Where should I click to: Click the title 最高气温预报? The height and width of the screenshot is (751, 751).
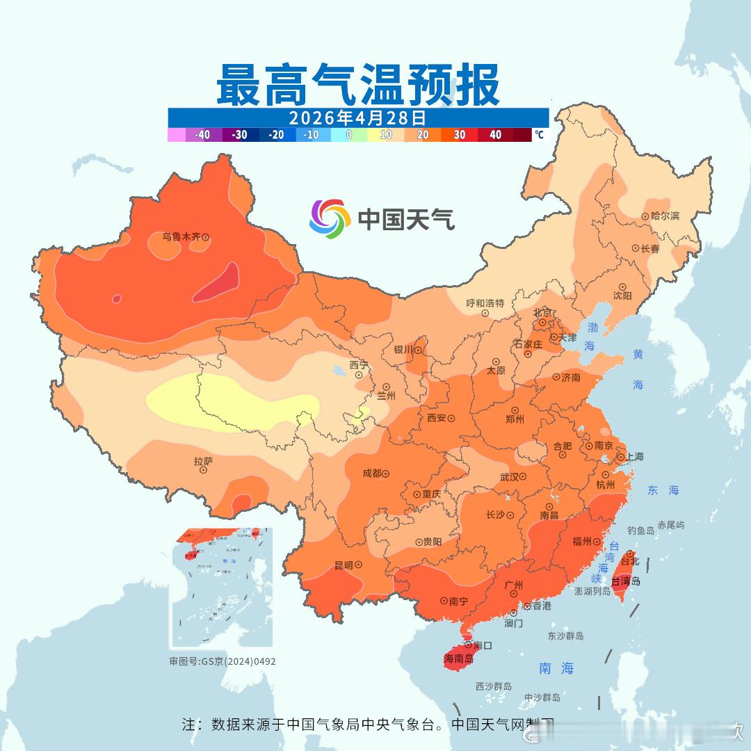point(357,85)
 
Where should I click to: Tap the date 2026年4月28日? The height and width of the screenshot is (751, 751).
point(357,116)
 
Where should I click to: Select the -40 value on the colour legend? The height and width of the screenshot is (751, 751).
point(203,135)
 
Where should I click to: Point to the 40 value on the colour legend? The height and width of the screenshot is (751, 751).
point(495,135)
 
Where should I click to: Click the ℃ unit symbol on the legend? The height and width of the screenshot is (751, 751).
point(539,135)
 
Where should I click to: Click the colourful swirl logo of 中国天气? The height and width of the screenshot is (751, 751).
point(330,219)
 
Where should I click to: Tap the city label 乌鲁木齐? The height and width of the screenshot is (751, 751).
point(181,237)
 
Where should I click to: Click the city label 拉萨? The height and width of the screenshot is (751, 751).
point(203,461)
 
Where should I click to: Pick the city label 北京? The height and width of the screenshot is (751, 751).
point(542,312)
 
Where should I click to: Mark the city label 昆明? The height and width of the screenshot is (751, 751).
point(344,565)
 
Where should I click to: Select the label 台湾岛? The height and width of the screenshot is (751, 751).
point(626,581)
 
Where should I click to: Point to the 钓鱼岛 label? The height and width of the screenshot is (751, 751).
point(640,531)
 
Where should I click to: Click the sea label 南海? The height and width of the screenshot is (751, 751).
point(556,668)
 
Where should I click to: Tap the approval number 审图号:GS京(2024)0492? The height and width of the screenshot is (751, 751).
point(223,661)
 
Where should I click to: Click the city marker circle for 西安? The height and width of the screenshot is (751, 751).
point(451,419)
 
